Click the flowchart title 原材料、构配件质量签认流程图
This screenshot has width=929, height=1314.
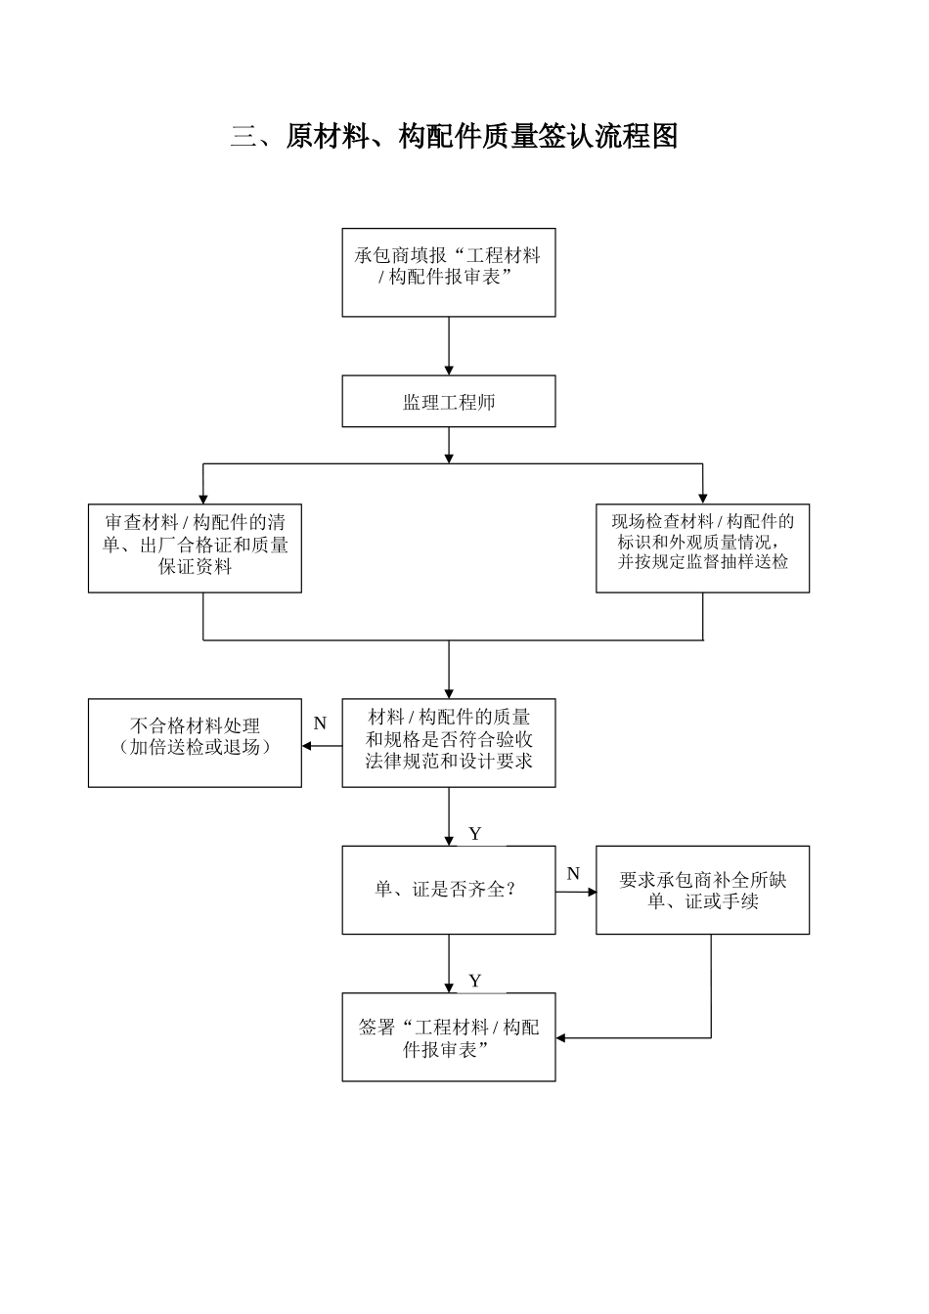coord(454,137)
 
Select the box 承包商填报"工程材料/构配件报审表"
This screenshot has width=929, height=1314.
coord(449,272)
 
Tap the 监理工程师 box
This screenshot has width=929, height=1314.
coord(449,402)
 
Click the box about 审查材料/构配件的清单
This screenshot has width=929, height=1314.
coord(195,547)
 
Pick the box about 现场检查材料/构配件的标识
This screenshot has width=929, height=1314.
coord(702,547)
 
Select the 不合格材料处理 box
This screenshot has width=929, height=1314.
coord(195,743)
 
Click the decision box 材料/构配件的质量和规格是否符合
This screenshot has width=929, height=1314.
coord(449,743)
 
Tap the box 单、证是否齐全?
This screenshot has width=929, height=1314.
coord(449,890)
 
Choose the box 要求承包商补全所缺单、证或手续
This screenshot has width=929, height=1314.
coord(702,890)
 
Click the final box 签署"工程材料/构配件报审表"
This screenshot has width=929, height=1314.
coord(449,1037)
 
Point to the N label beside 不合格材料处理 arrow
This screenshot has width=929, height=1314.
coord(320,724)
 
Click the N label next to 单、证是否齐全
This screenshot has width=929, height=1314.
coord(573,874)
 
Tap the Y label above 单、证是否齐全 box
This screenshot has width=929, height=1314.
coord(475,834)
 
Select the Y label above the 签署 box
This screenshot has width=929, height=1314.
coord(475,981)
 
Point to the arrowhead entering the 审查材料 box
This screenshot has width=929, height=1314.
coord(203,498)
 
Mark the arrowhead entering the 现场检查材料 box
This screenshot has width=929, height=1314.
coord(702,498)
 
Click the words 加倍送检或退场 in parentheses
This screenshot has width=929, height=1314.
coord(195,748)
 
